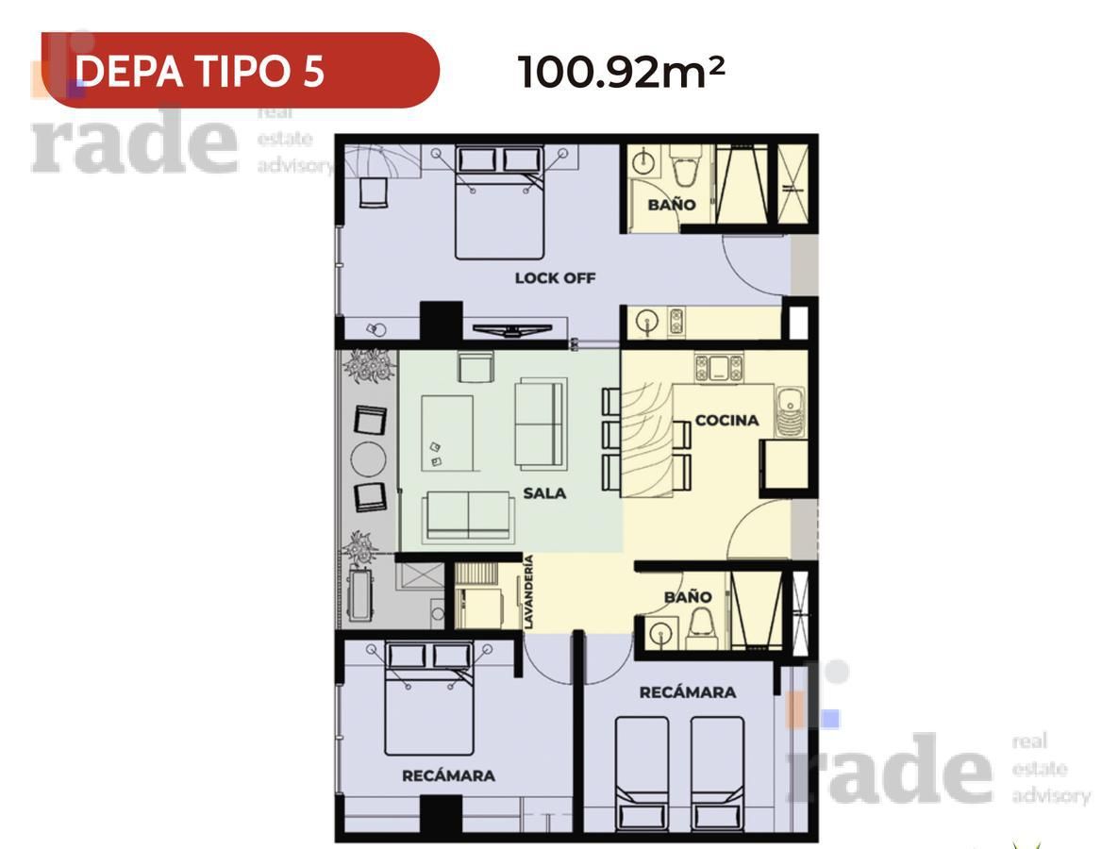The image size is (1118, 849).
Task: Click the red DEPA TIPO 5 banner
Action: click(241, 70)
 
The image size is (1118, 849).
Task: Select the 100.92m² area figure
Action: click(621, 72)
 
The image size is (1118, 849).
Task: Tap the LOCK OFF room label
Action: click(555, 278)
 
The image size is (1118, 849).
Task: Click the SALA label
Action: click(544, 492)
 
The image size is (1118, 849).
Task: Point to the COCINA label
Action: click(726, 420)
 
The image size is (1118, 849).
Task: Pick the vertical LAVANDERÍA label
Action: click(528, 591)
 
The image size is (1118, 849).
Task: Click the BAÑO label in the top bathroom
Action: click(671, 205)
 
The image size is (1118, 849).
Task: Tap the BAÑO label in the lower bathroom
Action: click(688, 596)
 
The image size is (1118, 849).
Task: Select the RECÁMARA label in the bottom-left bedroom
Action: click(448, 775)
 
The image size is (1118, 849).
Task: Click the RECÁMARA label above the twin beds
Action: click(688, 692)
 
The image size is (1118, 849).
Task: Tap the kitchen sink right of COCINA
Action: click(790, 412)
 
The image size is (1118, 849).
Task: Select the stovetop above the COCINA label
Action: click(719, 368)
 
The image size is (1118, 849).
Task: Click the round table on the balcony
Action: click(369, 459)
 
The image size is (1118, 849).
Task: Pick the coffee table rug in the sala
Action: click(447, 433)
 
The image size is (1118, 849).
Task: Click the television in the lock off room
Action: click(512, 329)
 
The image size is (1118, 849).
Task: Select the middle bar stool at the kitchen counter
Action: click(611, 434)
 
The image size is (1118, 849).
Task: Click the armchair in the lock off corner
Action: click(373, 192)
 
